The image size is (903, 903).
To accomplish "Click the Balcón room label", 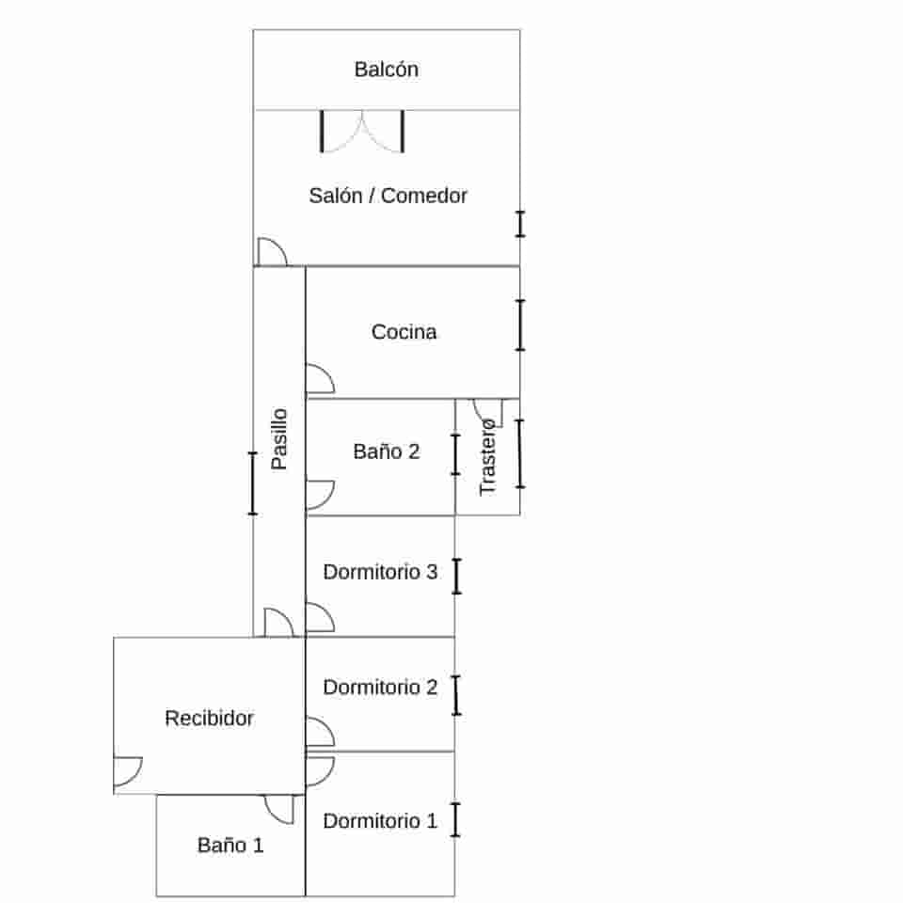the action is [x=387, y=69].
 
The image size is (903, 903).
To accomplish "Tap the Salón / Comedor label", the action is [x=388, y=196].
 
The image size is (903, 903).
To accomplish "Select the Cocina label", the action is [x=404, y=332].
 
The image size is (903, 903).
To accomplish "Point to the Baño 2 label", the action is [x=386, y=451].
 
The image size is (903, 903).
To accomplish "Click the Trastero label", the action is [x=487, y=458].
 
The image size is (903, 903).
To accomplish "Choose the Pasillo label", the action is [x=279, y=439].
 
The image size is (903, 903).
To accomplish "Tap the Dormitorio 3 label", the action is [x=380, y=572].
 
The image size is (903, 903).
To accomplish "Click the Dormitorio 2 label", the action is [x=380, y=687].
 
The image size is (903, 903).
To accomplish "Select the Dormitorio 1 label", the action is [x=380, y=820].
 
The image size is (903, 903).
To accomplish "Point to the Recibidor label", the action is [x=209, y=718].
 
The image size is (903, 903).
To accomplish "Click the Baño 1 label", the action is [x=230, y=845].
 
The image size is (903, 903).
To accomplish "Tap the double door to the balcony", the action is [x=362, y=132].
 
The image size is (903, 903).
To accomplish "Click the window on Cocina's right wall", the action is [x=520, y=325].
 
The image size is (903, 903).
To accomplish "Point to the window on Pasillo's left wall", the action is [x=252, y=483].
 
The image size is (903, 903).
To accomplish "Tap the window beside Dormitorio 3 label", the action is [x=457, y=576].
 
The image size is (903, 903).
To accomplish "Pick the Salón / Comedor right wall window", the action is [x=520, y=224].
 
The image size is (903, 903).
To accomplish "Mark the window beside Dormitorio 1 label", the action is [x=455, y=819].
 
